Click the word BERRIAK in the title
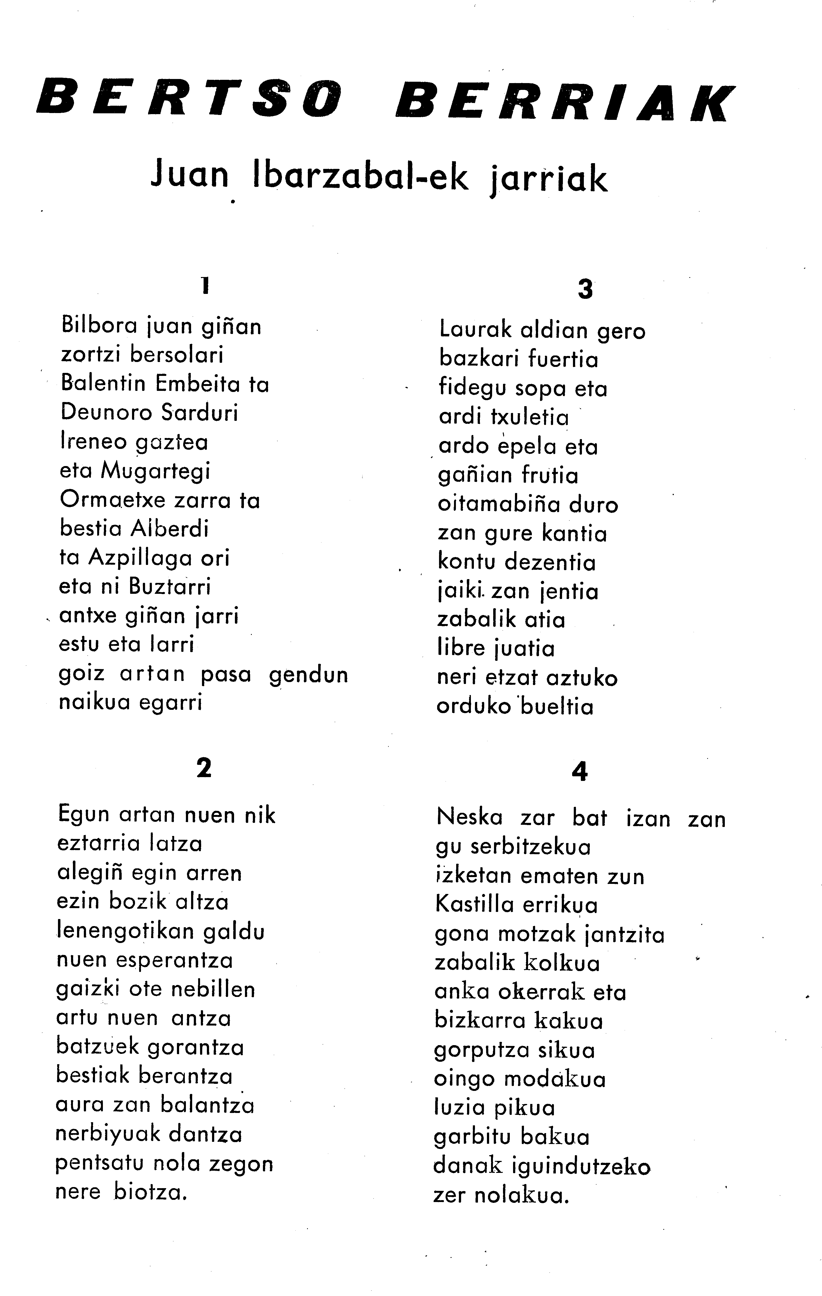pyautogui.click(x=565, y=102)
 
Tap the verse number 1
pyautogui.click(x=204, y=285)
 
